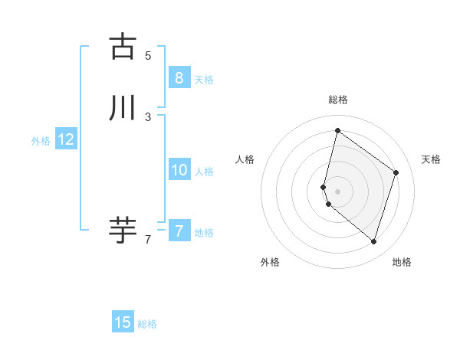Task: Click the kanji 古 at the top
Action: click(123, 47)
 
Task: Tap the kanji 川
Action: click(123, 109)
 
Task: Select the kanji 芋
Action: click(123, 231)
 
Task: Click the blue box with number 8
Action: click(179, 77)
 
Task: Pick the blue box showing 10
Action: click(179, 170)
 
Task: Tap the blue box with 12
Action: click(65, 139)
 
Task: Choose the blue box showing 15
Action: click(123, 322)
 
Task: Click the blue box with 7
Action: click(179, 231)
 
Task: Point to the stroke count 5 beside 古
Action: click(148, 56)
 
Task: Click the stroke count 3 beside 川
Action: click(148, 117)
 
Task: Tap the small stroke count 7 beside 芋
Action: click(148, 240)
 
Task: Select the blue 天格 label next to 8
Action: click(204, 79)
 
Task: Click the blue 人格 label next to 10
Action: click(204, 172)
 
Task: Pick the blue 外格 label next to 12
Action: click(40, 141)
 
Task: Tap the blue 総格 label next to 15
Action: click(147, 324)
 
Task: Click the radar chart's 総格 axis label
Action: click(338, 100)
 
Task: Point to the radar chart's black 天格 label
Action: click(431, 159)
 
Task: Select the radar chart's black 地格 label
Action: click(402, 262)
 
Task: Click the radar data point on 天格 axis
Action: click(396, 172)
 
